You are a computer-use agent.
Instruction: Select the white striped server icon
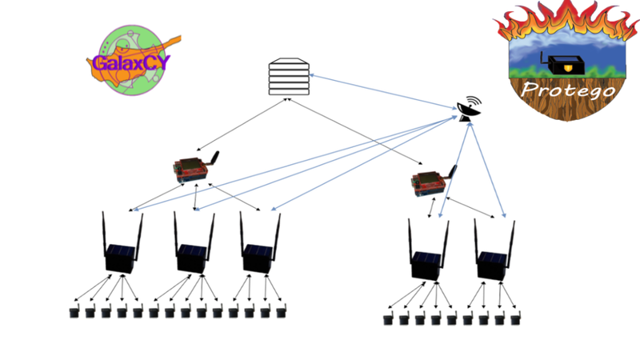(x=289, y=76)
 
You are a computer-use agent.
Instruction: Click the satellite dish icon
(x=468, y=109)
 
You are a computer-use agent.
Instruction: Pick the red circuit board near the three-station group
(x=193, y=166)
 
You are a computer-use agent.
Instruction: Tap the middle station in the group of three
(x=194, y=245)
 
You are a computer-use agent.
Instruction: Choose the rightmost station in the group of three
(x=260, y=245)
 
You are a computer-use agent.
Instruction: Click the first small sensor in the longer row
(x=74, y=310)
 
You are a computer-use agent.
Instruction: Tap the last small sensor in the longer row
(x=280, y=310)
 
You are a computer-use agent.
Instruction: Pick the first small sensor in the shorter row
(x=388, y=319)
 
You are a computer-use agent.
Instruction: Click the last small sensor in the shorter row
(x=516, y=318)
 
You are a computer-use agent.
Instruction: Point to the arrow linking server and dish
(x=380, y=90)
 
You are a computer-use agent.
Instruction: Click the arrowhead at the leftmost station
(x=136, y=211)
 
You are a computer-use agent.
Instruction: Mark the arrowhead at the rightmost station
(x=505, y=216)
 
